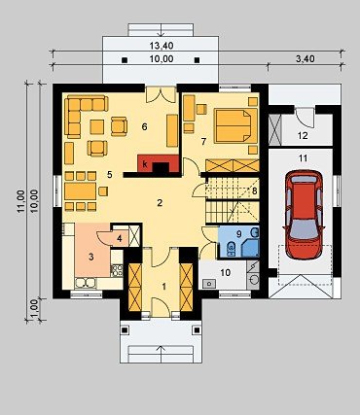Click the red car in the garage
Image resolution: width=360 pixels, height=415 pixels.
click(304, 215)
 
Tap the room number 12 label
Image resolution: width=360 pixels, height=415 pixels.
click(303, 135)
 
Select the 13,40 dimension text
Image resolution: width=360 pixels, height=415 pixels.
click(162, 46)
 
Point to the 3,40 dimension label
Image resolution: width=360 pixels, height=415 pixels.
click(306, 59)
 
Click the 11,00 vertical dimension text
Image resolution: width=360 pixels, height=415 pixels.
click(21, 201)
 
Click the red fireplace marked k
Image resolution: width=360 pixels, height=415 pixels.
click(159, 163)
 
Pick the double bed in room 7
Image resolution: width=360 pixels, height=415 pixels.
click(235, 125)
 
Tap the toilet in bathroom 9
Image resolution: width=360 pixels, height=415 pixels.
click(231, 249)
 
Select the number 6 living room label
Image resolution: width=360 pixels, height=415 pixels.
click(144, 126)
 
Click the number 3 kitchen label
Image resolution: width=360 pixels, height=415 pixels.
click(91, 258)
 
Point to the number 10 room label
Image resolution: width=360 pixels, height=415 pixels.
click(225, 272)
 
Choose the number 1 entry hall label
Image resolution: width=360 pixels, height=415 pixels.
click(164, 287)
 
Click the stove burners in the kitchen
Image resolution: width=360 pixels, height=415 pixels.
click(117, 270)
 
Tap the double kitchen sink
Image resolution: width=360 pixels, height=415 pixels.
click(86, 283)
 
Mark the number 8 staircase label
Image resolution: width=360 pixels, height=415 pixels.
click(254, 190)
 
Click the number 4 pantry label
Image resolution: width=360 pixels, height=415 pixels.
click(120, 239)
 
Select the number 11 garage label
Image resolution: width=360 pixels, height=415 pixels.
click(303, 158)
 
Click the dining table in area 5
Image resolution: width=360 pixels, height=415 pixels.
click(81, 191)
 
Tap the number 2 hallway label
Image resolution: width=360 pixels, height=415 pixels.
click(160, 203)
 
